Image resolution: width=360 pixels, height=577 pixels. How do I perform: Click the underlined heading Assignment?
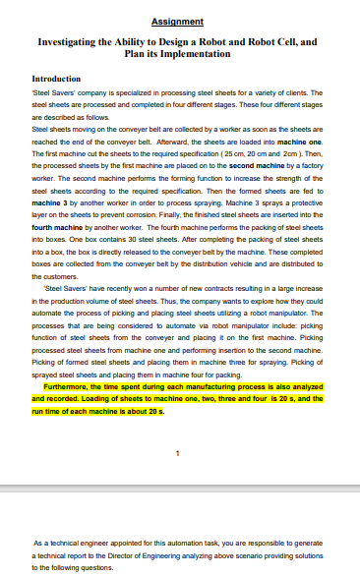click(178, 21)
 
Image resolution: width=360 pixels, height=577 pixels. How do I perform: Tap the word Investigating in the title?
click(76, 43)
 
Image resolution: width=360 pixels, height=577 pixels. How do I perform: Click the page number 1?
click(177, 453)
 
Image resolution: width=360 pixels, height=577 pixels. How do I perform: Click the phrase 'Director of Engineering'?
click(168, 555)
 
